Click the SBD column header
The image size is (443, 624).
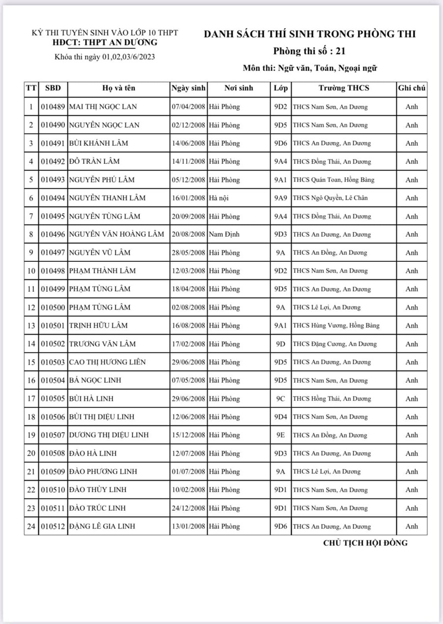[x=53, y=89]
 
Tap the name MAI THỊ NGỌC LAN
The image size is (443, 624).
[x=103, y=107]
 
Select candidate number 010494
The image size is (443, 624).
[x=53, y=198]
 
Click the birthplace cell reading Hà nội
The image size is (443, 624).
[x=218, y=198]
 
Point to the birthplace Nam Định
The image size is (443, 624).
[x=224, y=234]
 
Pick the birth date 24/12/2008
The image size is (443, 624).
[x=188, y=508]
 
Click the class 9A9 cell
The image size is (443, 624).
[x=281, y=198]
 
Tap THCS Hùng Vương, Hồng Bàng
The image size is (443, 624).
[x=336, y=325]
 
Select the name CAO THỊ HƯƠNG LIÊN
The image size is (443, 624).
[x=107, y=362]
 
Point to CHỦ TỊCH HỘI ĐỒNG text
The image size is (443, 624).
[x=365, y=543]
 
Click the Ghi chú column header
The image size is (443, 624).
[x=411, y=89]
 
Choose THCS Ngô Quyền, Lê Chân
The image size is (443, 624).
[x=330, y=198]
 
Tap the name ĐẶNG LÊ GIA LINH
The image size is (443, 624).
[x=102, y=527]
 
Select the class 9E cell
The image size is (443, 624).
[x=281, y=435]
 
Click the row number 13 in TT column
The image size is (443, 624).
[x=31, y=325]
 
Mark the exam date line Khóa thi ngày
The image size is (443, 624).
[x=105, y=57]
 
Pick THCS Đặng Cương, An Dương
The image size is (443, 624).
[x=335, y=344]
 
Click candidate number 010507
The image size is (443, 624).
[x=53, y=435]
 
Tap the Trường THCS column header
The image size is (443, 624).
[x=344, y=89]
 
